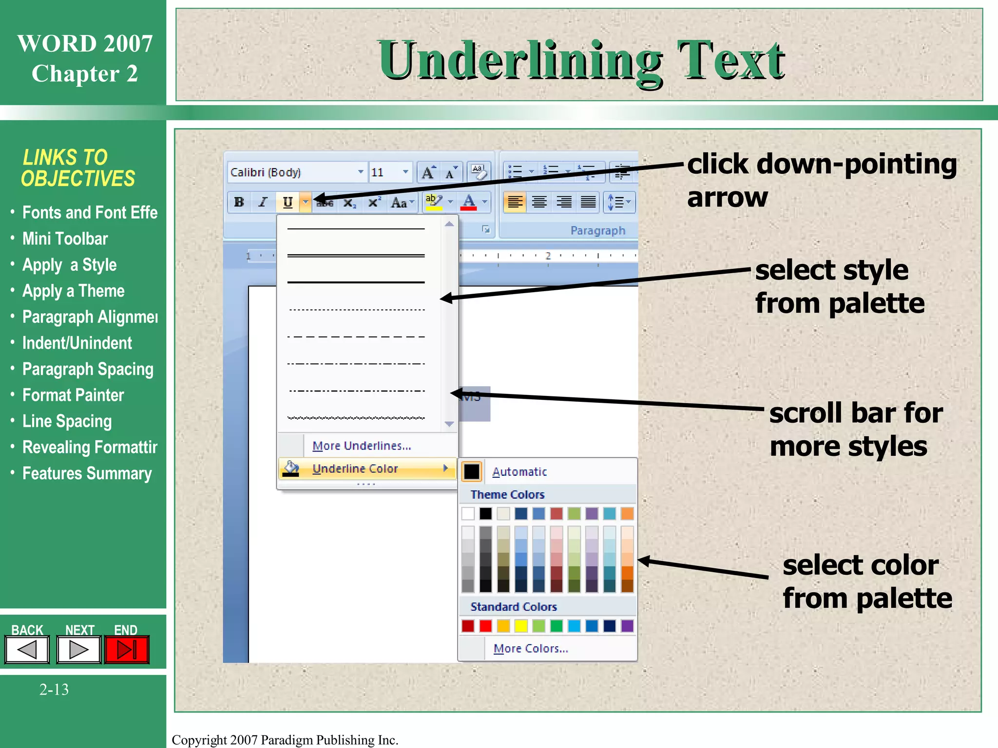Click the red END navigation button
point(126,649)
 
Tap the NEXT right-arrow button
point(78,649)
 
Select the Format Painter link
point(73,395)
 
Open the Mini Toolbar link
point(65,239)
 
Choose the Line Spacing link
point(67,421)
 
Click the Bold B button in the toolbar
point(239,202)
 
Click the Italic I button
point(263,202)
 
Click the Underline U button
point(288,202)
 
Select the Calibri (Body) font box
point(292,172)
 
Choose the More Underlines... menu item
point(362,446)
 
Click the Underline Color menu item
point(355,468)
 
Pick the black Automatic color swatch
point(472,471)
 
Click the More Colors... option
point(530,649)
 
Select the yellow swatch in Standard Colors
point(521,626)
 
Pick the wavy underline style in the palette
point(356,418)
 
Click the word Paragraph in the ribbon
point(597,230)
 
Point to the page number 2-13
point(54,690)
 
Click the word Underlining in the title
point(520,61)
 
